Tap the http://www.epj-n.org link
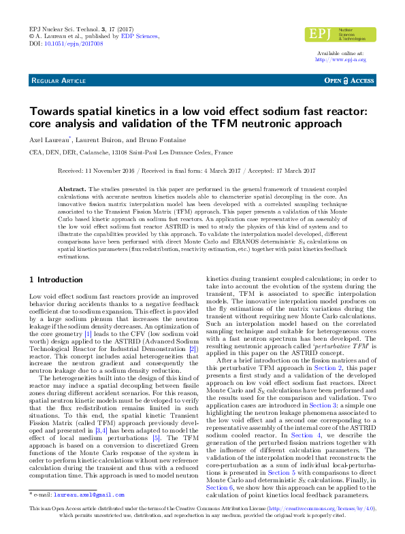pyautogui.click(x=340, y=60)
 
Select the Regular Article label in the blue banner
pyautogui.click(x=57, y=80)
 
